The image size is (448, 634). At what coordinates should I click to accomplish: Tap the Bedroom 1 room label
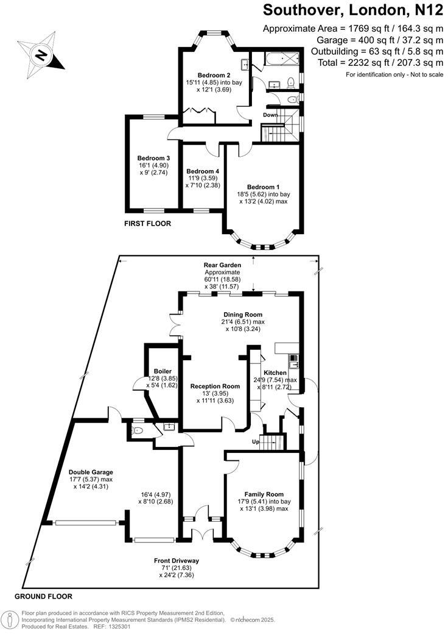click(264, 187)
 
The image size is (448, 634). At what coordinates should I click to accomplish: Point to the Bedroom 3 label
click(153, 158)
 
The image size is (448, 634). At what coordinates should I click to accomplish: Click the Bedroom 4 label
click(203, 171)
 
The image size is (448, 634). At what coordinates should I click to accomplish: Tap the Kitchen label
click(275, 372)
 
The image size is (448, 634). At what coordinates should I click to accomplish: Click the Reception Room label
click(215, 386)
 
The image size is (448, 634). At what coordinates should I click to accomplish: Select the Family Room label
click(264, 494)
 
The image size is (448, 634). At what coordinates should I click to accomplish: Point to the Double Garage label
click(91, 472)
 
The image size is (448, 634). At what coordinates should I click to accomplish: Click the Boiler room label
click(163, 371)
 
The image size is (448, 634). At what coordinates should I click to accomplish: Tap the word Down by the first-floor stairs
click(271, 115)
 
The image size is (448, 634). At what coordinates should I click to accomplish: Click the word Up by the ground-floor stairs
click(256, 442)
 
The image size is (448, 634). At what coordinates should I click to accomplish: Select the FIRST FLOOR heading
click(147, 224)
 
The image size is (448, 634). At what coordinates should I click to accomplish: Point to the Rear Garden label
click(223, 265)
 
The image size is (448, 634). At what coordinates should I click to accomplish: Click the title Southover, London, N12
click(352, 10)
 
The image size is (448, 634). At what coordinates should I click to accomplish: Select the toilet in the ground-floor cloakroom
click(138, 430)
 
